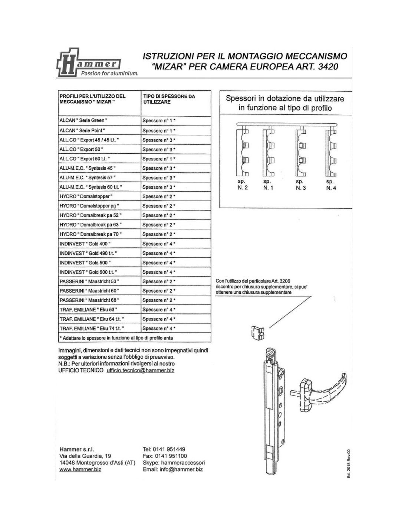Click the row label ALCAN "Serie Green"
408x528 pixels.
tap(83, 120)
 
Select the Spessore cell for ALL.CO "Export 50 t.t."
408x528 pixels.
tap(159, 159)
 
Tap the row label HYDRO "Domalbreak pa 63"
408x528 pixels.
tap(91, 225)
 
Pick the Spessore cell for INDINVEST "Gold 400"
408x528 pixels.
tap(159, 244)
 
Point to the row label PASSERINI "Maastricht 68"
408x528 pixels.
tap(89, 300)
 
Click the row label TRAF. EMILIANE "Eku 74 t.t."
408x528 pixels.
tap(92, 328)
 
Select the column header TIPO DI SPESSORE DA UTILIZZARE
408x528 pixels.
tap(169, 99)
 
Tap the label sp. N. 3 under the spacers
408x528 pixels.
tap(300, 185)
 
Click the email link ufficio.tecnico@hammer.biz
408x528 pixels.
tap(140, 370)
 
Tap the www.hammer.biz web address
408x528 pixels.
tap(80, 469)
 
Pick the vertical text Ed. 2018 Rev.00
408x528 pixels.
tap(349, 464)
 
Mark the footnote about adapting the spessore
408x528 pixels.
tap(116, 338)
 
